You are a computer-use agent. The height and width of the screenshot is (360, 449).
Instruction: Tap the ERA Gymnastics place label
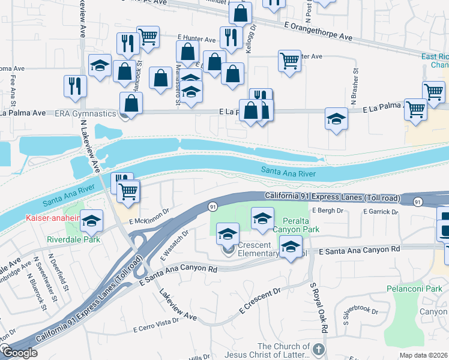(x=85, y=113)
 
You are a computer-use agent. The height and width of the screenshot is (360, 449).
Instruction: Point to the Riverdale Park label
(x=74, y=238)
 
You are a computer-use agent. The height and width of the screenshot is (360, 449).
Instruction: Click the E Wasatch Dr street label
(x=174, y=245)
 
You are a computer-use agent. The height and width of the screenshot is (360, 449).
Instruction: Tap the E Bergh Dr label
(x=327, y=211)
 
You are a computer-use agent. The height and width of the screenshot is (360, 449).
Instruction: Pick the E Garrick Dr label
(x=381, y=211)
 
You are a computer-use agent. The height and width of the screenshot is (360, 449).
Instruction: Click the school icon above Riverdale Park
(x=92, y=221)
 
